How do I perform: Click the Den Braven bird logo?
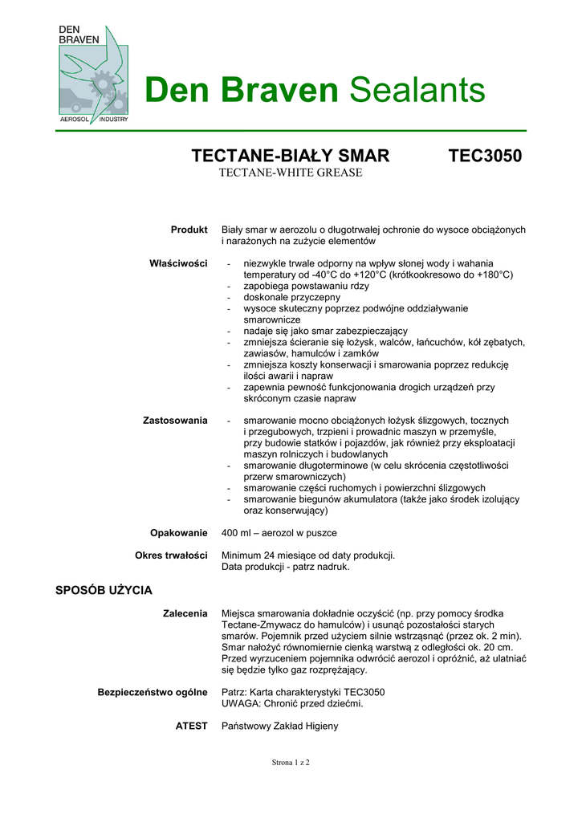92,74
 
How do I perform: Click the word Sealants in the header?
417,90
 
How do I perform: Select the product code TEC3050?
485,156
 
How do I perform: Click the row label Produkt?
189,230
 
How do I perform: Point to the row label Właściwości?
178,263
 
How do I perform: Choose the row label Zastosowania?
175,421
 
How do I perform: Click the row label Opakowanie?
178,533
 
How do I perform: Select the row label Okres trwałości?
171,555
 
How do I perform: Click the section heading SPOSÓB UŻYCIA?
104,591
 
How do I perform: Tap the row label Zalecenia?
185,613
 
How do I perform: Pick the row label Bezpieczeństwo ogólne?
153,692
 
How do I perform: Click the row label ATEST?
192,726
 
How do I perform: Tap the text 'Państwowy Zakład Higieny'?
279,726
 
